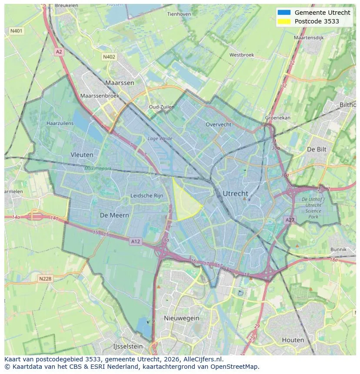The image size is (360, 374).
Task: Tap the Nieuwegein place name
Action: click(181, 318)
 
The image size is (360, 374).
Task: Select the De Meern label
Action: click(114, 215)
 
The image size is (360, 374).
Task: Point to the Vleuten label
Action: click(82, 155)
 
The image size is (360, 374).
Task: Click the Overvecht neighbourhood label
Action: click(218, 124)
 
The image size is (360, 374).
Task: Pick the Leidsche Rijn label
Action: click(147, 195)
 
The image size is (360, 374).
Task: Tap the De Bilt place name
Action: click(317, 149)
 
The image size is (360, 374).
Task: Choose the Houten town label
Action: click(293, 340)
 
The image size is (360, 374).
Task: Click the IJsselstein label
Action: click(128, 347)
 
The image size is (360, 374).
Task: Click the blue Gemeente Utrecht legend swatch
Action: click(284, 13)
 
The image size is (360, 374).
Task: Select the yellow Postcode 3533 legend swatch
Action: click(284, 21)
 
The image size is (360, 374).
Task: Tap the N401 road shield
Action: click(17, 31)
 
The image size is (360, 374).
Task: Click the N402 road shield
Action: click(109, 57)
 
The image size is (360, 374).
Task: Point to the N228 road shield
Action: click(45, 278)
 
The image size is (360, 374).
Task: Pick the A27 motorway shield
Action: click(290, 220)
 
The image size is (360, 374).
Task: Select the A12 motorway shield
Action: click(136, 242)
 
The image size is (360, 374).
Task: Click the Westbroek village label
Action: click(241, 55)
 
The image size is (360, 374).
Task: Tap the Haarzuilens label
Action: click(60, 123)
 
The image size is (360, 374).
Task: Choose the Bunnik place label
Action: click(338, 249)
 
